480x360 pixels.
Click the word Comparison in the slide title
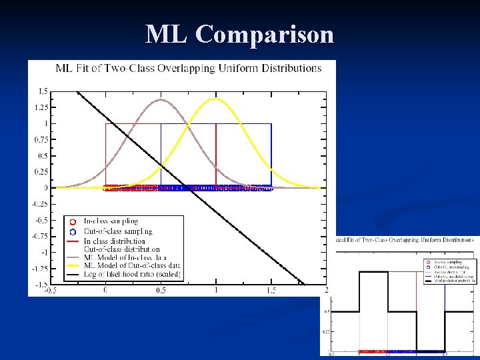(x=265, y=34)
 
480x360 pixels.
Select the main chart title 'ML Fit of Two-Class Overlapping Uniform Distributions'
(x=189, y=68)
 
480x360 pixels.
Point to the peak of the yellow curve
(x=216, y=99)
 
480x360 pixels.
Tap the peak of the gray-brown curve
(x=161, y=100)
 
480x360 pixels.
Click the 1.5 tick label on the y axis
(x=42, y=91)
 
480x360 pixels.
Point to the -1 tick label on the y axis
(x=43, y=253)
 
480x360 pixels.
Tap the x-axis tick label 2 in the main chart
(x=326, y=290)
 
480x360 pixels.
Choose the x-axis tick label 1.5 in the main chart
(x=271, y=290)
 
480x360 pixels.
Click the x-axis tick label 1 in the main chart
(x=216, y=290)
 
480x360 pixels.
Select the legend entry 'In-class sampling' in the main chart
(x=110, y=221)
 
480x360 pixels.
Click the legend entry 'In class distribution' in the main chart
(x=114, y=241)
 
